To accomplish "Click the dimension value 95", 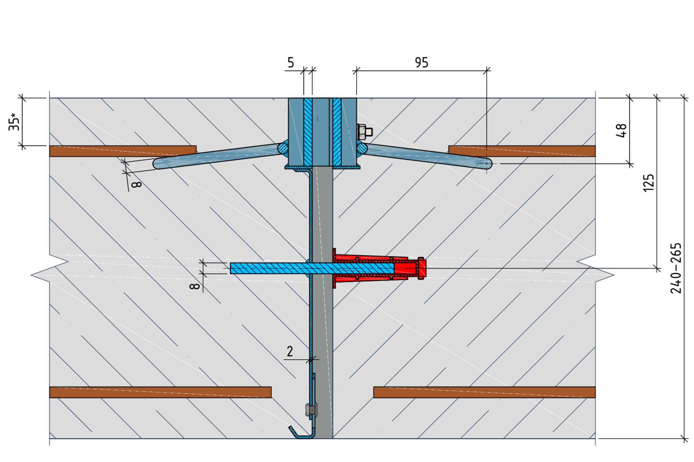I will tap(422, 63).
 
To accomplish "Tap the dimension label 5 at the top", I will tap(290, 63).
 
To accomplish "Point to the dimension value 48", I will tap(621, 130).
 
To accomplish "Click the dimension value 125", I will tap(648, 182).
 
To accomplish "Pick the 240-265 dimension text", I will tap(676, 268).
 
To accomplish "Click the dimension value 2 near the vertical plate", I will tap(290, 352).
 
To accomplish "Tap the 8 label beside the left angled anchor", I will tap(137, 184).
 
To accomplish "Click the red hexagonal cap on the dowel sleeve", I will tap(422, 268).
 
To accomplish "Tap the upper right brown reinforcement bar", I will tap(522, 151).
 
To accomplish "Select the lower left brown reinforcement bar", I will tap(160, 392).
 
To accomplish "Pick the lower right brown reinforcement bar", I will tap(484, 392).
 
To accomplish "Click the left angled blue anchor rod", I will tap(218, 156).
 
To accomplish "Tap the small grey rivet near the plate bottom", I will tap(311, 410).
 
